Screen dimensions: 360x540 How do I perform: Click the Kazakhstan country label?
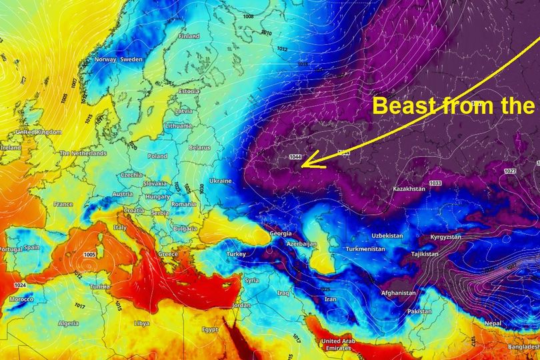[x=409, y=189]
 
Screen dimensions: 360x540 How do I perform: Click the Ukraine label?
[x=221, y=181]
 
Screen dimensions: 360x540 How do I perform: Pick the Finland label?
[x=189, y=36]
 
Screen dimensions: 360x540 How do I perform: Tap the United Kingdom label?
[x=39, y=132]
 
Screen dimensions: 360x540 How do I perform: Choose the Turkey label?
[x=237, y=255]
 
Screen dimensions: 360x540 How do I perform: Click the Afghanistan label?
[x=398, y=293]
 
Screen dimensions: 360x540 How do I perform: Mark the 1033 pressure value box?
[x=435, y=183]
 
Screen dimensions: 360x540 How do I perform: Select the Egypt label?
[x=210, y=329]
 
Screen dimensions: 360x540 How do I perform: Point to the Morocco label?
[x=21, y=299]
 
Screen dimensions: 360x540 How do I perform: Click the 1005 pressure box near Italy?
[x=90, y=255]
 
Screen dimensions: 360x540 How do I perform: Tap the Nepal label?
[x=493, y=323]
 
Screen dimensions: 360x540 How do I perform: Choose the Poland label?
[x=157, y=156]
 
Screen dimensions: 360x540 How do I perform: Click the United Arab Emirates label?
[x=340, y=345]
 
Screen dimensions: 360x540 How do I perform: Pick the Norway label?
[x=105, y=59]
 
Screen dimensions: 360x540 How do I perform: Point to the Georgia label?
[x=280, y=234]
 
